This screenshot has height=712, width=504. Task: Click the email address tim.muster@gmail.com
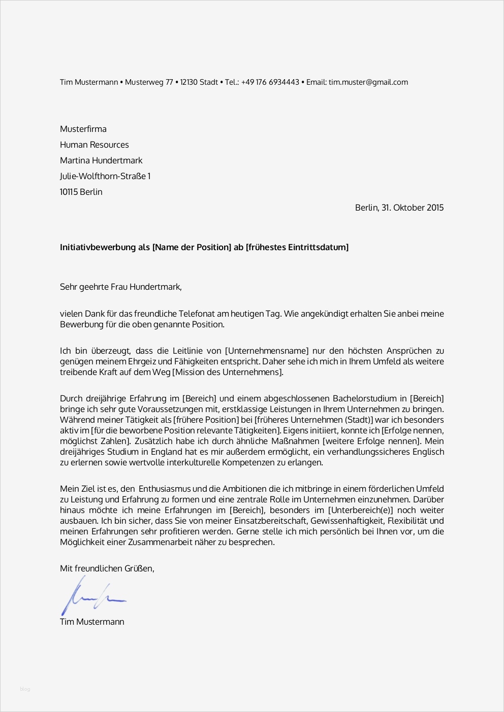coord(368,82)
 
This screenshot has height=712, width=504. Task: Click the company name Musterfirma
coord(83,129)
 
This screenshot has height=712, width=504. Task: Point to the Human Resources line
coord(94,145)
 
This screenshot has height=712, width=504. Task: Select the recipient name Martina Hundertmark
coord(101,160)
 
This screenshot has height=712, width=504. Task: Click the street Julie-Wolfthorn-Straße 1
coord(105,176)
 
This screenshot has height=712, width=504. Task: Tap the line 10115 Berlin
coord(81,192)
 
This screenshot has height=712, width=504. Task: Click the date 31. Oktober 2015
coord(413,208)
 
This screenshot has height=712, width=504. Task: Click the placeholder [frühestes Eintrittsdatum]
coord(297,247)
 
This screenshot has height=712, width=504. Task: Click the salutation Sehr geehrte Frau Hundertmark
coord(120,287)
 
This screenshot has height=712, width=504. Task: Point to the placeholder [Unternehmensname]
coord(267,351)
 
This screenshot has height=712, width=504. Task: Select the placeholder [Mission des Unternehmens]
coord(228,372)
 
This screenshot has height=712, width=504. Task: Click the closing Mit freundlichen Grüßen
coord(107,568)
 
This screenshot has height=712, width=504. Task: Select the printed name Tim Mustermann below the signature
coord(92,622)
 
